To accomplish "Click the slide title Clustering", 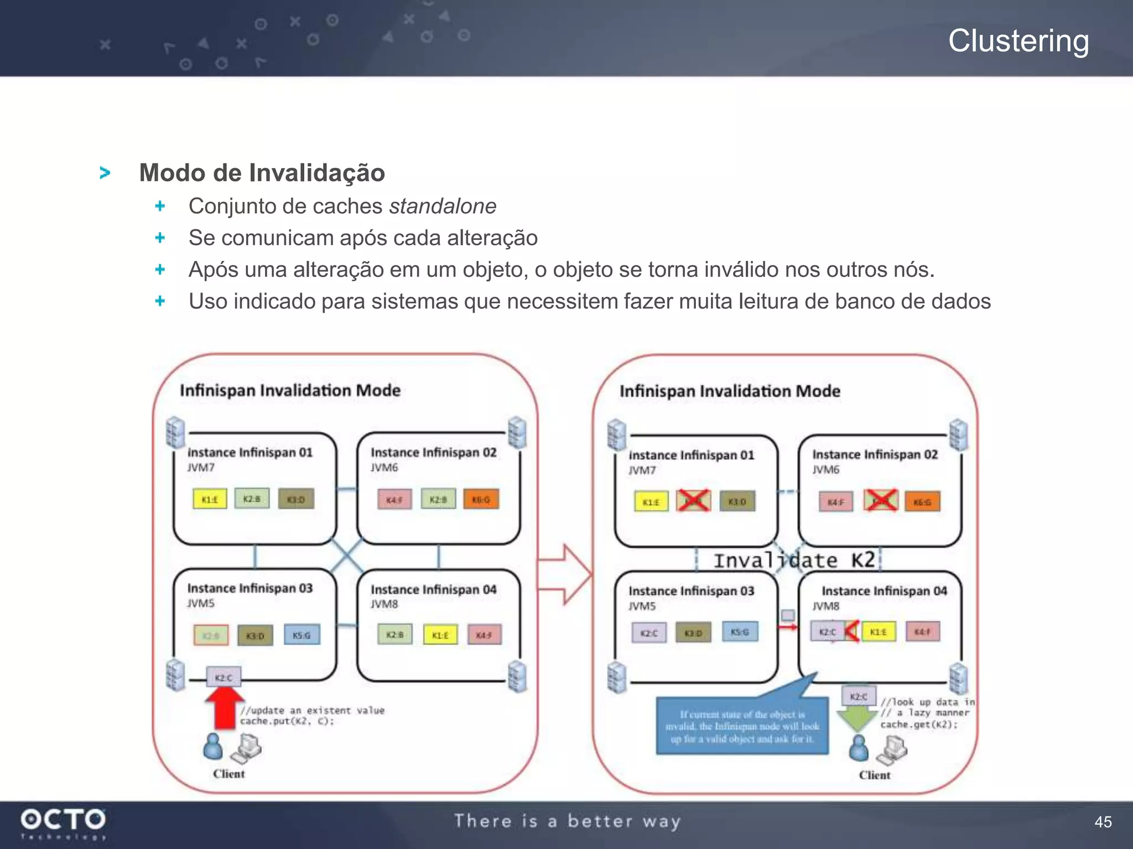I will [x=1018, y=41].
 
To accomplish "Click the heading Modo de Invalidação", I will [x=262, y=172].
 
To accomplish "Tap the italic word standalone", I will [x=443, y=206].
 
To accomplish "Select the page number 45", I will [x=1103, y=822].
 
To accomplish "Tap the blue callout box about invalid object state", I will [x=742, y=726].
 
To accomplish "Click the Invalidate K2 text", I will [x=794, y=560].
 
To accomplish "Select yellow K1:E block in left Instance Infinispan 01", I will [x=210, y=499].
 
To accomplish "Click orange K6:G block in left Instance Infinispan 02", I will [x=481, y=499].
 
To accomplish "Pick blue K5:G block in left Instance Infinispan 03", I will [x=302, y=635].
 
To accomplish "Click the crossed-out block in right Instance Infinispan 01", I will [x=693, y=501].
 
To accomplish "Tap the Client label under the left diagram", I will [x=228, y=774].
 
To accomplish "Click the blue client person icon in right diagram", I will [x=859, y=748].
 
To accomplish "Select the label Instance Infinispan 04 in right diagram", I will [x=884, y=591].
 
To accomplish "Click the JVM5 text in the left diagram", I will [x=201, y=603].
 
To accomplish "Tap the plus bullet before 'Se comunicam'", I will [x=160, y=238].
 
